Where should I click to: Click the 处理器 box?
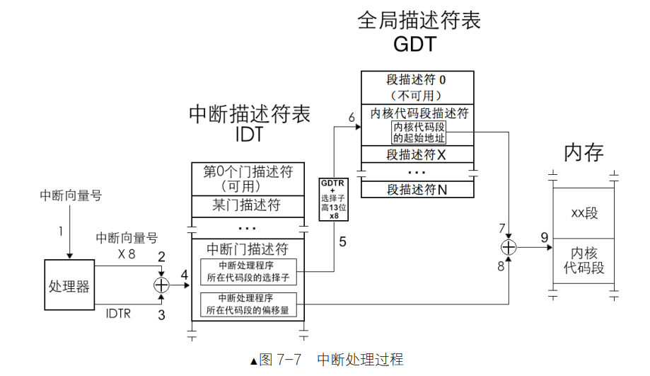[69, 286]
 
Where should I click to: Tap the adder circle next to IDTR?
[162, 285]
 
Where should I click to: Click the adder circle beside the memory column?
[509, 247]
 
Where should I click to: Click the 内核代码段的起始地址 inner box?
[419, 132]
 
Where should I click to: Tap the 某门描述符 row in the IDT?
[248, 205]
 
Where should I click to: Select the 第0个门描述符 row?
[248, 178]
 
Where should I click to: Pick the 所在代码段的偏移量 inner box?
[248, 304]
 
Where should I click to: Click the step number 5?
[342, 241]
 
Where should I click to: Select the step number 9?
[545, 237]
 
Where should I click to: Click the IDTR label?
[117, 312]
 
